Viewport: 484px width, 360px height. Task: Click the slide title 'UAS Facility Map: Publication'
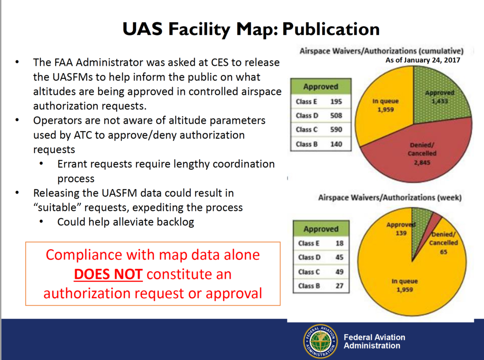click(251, 29)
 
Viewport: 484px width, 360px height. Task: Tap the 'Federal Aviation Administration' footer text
click(374, 341)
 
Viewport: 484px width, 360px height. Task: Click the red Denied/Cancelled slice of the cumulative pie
click(417, 154)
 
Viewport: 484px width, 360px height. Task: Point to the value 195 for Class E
click(336, 102)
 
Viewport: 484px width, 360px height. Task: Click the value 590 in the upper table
click(336, 130)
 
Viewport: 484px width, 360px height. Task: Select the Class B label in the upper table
click(304, 145)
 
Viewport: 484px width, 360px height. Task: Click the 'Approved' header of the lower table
click(321, 229)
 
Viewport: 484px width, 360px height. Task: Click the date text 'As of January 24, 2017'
click(420, 59)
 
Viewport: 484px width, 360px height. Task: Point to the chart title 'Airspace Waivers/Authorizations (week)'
click(390, 198)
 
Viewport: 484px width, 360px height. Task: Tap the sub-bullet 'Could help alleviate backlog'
click(126, 222)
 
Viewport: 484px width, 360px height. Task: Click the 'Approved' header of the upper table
click(321, 87)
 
